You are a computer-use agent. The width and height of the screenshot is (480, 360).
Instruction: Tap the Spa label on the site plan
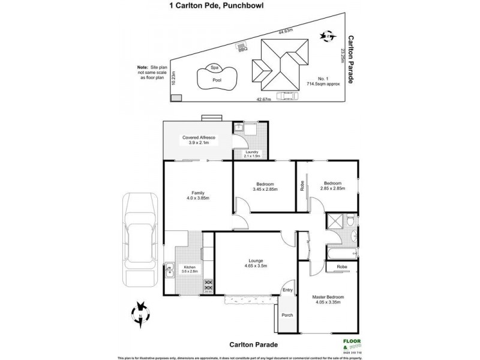214,68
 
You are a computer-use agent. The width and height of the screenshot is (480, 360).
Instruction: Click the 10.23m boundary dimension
173,79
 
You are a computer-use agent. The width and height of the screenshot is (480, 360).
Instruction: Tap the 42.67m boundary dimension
265,100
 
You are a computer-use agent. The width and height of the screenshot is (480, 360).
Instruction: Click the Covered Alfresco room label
199,140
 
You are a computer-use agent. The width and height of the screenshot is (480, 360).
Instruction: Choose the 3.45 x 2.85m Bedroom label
265,186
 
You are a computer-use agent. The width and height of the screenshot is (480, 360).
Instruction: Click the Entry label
288,290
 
